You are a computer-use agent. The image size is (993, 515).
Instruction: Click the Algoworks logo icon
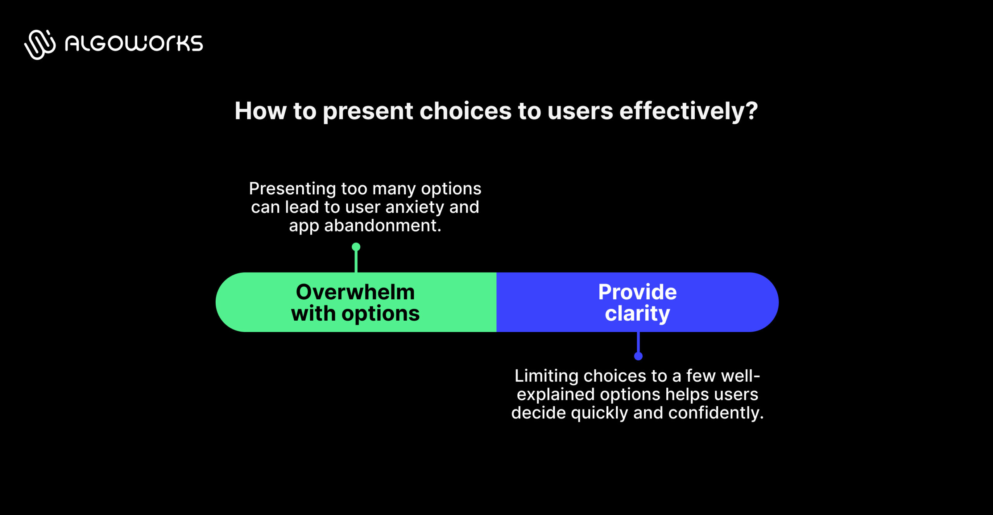(x=40, y=44)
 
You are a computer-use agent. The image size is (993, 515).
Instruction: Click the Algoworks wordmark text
(x=134, y=43)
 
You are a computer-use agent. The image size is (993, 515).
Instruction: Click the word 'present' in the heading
(x=368, y=111)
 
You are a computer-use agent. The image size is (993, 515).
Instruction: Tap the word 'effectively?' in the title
(x=689, y=111)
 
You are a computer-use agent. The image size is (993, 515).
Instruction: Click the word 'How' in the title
(x=260, y=111)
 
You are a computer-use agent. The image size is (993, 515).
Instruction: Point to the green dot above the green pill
(x=356, y=247)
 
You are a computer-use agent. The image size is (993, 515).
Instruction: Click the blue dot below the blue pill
(x=638, y=356)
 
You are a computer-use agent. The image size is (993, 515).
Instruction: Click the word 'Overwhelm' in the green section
(x=355, y=292)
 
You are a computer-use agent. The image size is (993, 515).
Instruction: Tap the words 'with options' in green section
(x=355, y=313)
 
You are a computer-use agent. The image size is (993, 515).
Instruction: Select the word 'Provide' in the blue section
(x=637, y=292)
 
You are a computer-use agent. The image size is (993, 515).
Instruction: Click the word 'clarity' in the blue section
(x=637, y=313)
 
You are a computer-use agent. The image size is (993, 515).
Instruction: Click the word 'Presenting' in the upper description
(x=292, y=189)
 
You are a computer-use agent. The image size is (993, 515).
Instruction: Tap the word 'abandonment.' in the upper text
(x=382, y=226)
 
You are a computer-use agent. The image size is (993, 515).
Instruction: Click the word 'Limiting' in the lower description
(x=546, y=376)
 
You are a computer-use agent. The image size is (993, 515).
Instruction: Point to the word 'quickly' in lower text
(x=599, y=413)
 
